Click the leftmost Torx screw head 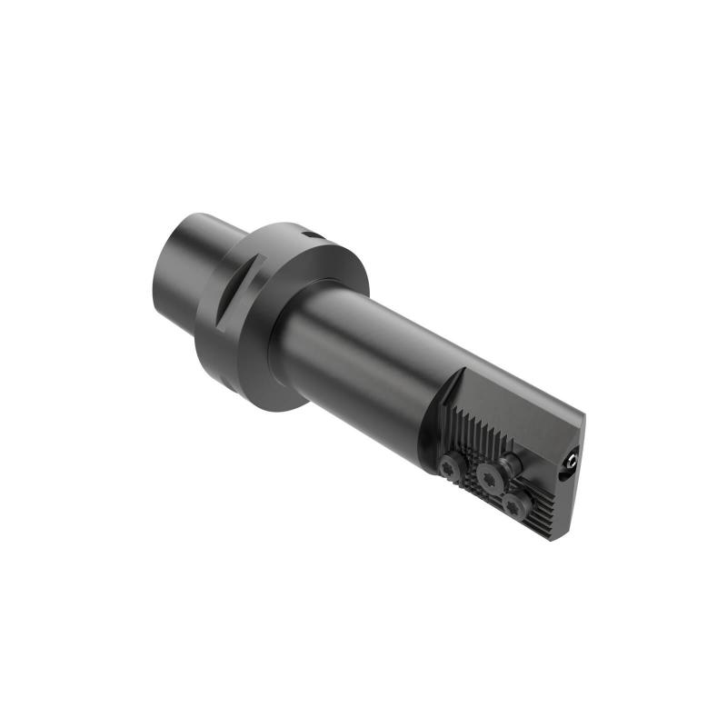(x=449, y=465)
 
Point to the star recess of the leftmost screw (x=449, y=465)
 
